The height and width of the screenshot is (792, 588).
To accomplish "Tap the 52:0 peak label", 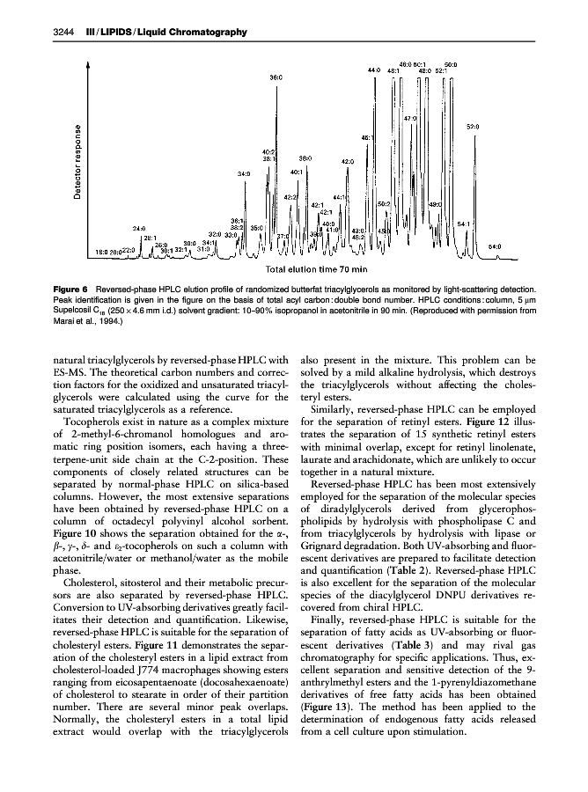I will [x=473, y=127].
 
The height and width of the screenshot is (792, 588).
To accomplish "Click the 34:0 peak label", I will [x=245, y=174].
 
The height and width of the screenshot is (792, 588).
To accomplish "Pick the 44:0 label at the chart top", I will [x=373, y=70].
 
